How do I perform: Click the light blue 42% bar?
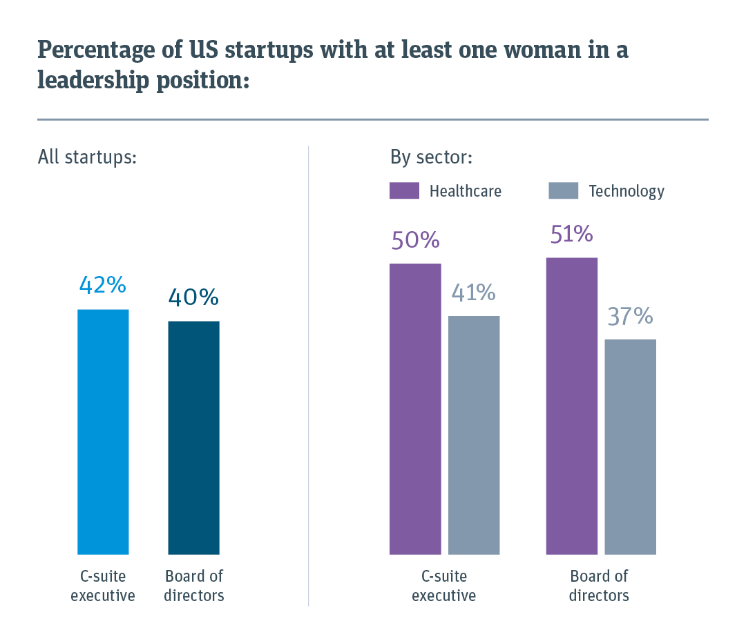[103, 431]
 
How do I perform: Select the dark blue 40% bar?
[193, 437]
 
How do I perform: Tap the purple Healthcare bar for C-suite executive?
[415, 409]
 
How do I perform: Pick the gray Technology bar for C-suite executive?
[474, 435]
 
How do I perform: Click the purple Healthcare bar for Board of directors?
[571, 406]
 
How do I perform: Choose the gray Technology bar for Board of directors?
[630, 446]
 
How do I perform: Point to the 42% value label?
[103, 284]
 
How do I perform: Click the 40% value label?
[193, 297]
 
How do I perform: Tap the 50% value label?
[415, 239]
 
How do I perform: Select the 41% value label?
[474, 293]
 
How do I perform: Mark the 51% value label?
[571, 234]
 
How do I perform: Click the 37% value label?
[630, 316]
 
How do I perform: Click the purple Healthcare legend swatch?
[404, 190]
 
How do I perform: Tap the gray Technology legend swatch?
[563, 190]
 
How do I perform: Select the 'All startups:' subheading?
[88, 157]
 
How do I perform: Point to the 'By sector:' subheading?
[431, 157]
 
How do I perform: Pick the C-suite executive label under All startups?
[103, 586]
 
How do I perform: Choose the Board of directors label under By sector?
[599, 586]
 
